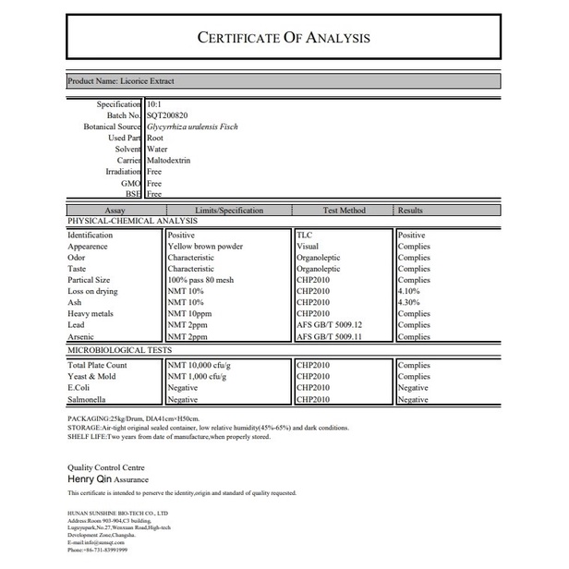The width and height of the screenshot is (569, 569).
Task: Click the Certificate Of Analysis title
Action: click(284, 38)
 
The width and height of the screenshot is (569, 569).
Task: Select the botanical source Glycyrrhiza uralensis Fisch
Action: click(199, 127)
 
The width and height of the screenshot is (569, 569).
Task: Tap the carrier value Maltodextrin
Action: click(171, 161)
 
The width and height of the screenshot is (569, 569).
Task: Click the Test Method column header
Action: click(344, 211)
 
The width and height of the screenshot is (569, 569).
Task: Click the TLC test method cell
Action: click(305, 236)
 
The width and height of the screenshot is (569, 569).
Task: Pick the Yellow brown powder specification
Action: click(205, 247)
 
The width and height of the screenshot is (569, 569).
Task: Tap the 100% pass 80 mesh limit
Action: click(200, 280)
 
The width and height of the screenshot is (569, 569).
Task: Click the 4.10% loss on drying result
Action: click(409, 291)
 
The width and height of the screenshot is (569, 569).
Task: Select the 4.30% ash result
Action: click(409, 303)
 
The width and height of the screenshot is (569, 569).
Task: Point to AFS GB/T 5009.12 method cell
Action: click(330, 325)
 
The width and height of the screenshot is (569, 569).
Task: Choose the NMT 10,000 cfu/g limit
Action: click(200, 365)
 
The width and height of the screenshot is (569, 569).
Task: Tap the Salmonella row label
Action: click(87, 399)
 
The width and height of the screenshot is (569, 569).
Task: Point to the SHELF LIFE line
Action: click(168, 437)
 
